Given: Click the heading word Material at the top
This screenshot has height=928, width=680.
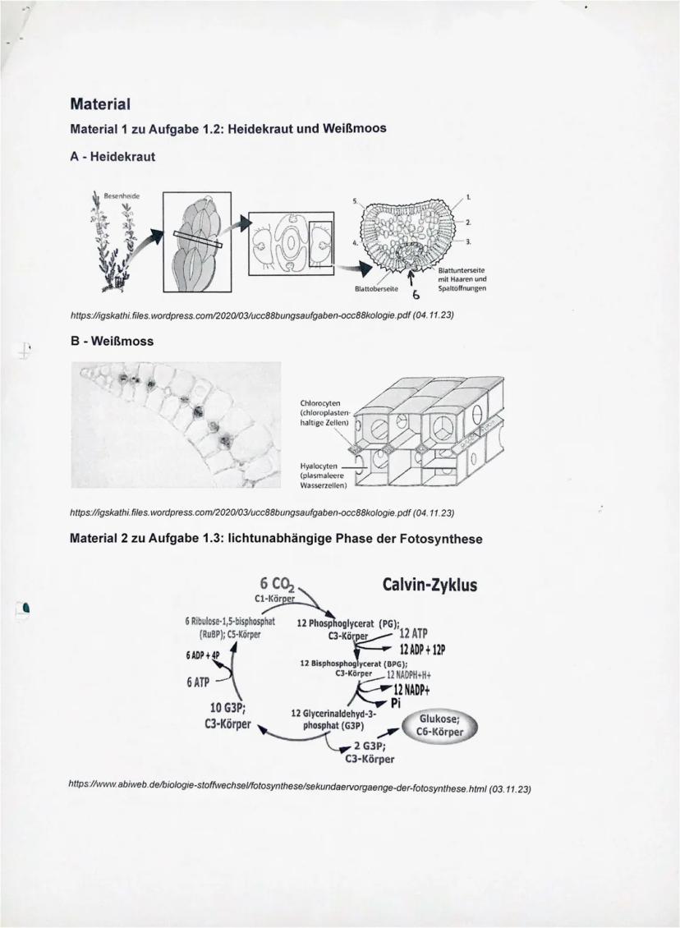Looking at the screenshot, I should coord(101,105).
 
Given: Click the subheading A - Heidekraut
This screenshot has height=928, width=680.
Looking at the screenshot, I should coord(113,155).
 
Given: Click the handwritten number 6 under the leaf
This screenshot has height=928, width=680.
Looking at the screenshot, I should coord(416,295).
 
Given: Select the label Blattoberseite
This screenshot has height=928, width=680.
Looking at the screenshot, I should coord(375,289).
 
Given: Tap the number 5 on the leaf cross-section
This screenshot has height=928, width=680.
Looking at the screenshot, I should coord(355,201).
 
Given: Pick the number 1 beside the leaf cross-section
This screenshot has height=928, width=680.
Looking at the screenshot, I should coord(468,198).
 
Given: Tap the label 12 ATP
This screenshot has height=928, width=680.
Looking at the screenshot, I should coord(416,633).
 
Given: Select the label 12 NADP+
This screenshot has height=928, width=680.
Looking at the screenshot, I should coord(417,688).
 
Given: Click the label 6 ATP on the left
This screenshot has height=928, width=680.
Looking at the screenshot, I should coord(200,682).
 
